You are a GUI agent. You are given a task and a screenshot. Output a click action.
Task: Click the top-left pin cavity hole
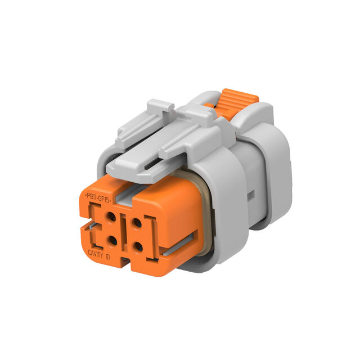[x=111, y=217]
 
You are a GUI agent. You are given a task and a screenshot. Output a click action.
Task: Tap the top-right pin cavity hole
[x=137, y=223]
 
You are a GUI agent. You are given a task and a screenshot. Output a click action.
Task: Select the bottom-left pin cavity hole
[x=112, y=241]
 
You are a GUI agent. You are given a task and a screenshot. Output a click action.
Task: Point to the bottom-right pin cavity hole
[x=138, y=247]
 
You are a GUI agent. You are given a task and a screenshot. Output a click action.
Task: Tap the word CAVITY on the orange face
[x=96, y=254]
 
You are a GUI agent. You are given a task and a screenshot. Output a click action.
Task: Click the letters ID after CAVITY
[x=107, y=256]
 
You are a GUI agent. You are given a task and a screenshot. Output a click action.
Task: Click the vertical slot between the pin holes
[x=124, y=232]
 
